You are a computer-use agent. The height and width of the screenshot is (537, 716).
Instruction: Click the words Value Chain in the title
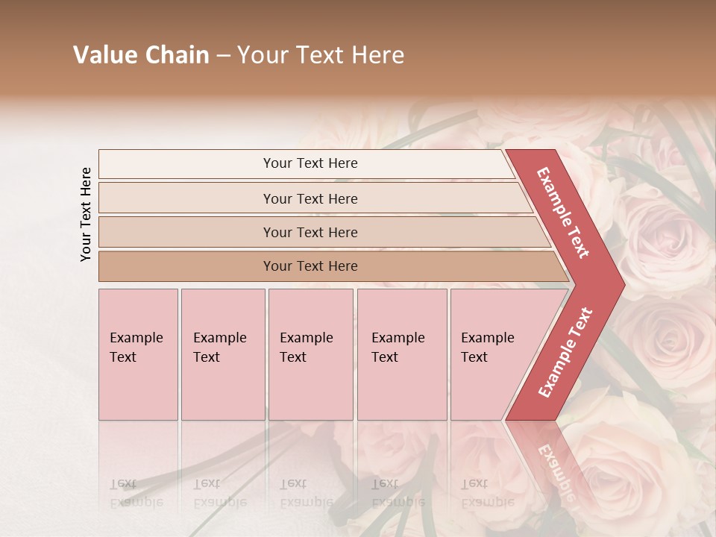click(x=141, y=55)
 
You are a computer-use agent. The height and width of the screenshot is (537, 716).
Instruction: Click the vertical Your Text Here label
click(x=86, y=214)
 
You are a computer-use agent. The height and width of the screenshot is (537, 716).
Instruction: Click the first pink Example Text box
click(x=138, y=354)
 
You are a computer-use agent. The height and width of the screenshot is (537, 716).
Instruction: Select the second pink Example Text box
click(x=222, y=354)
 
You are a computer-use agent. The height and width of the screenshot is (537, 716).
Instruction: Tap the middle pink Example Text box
click(x=310, y=354)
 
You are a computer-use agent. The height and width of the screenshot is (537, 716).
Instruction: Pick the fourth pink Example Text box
click(x=401, y=354)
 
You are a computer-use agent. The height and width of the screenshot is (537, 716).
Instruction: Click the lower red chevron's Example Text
click(x=565, y=353)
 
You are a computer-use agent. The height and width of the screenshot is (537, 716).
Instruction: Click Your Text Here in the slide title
click(x=321, y=55)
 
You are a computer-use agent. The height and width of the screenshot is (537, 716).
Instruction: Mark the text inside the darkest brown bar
click(x=310, y=266)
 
